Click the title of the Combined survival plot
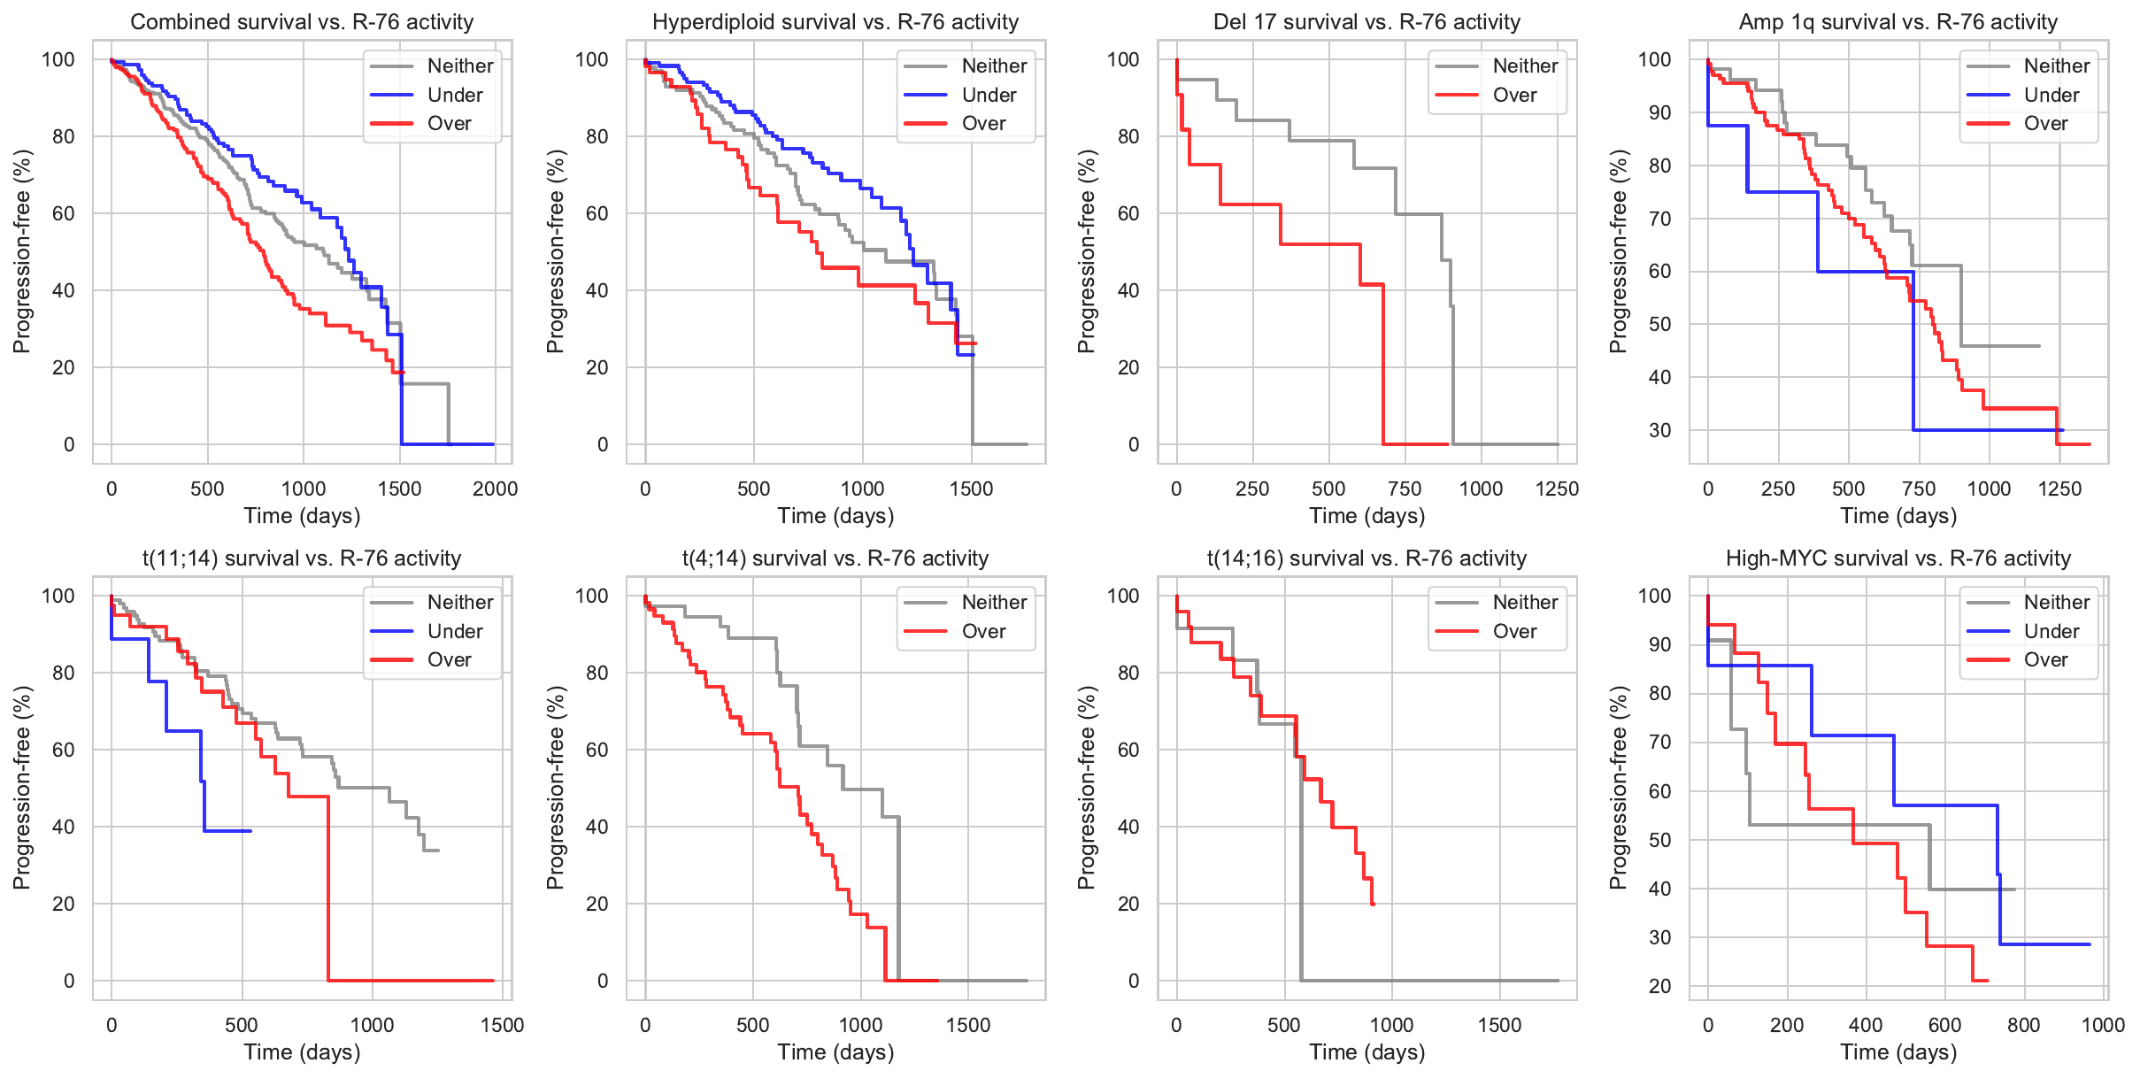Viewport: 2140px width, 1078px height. tap(302, 21)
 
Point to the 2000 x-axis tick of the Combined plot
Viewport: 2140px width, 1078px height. tap(495, 489)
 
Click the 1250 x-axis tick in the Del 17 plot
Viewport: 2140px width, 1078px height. tap(1557, 489)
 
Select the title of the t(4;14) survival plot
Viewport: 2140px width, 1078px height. tap(835, 558)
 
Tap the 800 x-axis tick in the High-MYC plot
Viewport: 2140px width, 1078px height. tap(2024, 1025)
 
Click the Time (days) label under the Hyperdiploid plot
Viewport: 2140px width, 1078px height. tap(835, 515)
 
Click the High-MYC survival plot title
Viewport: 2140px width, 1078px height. tap(1898, 558)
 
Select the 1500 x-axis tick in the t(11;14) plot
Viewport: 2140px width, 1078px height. tap(502, 1025)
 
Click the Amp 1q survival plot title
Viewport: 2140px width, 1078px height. tap(1898, 21)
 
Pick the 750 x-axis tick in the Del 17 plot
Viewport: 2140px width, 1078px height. tap(1405, 489)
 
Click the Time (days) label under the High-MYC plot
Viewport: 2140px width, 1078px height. tap(1898, 1051)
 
